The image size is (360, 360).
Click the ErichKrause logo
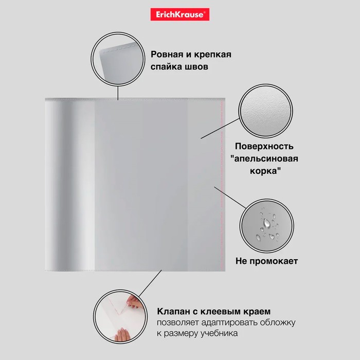point(180,14)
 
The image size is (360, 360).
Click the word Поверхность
point(264,147)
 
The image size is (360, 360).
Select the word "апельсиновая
point(264,158)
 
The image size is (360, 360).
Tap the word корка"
point(265,171)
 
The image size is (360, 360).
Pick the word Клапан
point(173,312)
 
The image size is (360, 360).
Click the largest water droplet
point(266,223)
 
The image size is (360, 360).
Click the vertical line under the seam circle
point(118,93)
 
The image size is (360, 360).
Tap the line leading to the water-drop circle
point(230,197)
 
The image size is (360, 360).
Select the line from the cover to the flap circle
point(150,284)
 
